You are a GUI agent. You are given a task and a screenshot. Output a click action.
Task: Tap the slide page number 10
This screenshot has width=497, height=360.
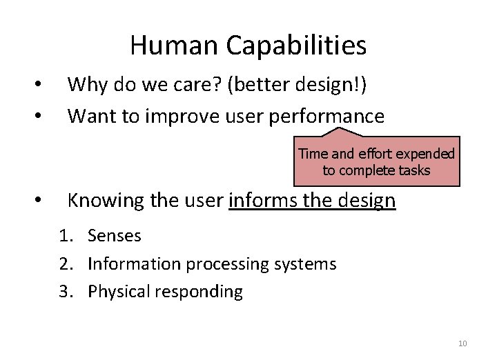462,343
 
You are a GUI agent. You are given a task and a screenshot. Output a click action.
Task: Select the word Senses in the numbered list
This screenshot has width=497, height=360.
115,236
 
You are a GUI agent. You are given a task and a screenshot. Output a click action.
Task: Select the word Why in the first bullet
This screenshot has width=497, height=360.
84,84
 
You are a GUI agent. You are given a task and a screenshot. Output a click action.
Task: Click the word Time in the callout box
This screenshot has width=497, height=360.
312,154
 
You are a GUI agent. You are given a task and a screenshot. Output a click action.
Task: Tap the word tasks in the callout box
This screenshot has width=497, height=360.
413,170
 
